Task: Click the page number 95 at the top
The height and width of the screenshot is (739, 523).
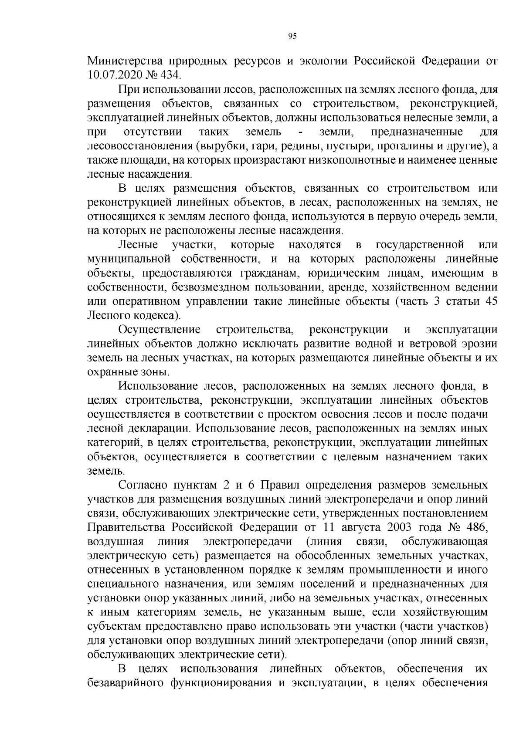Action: (x=292, y=37)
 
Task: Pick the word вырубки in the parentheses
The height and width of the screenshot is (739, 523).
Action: (x=219, y=146)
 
